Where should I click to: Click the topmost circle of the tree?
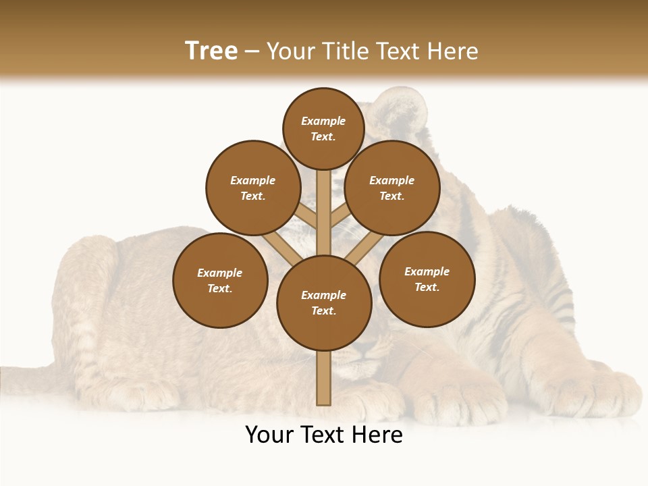(323, 128)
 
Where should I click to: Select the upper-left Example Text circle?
(253, 188)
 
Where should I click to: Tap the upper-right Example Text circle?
(392, 188)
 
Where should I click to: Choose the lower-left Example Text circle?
(220, 280)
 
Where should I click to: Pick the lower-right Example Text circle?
(427, 279)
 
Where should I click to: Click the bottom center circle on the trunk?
(324, 303)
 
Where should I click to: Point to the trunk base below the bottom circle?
(324, 378)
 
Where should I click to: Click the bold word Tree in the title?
(211, 51)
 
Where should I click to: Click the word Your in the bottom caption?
(269, 435)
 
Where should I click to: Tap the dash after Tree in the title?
(252, 52)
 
